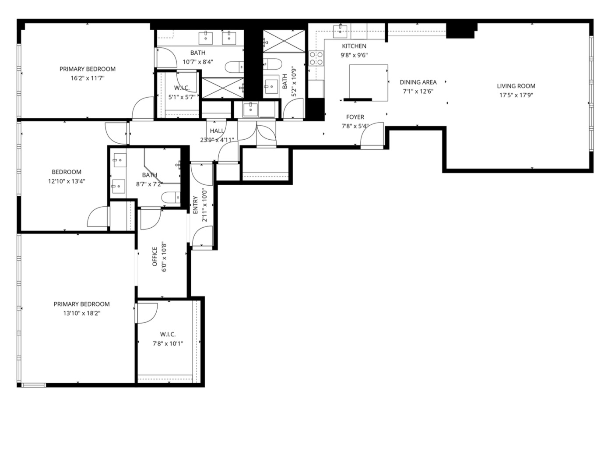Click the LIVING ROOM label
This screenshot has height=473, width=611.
pyautogui.click(x=516, y=86)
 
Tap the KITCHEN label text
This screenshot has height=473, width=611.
pyautogui.click(x=354, y=46)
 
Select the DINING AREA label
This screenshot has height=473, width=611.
pyautogui.click(x=418, y=82)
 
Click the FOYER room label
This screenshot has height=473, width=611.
pyautogui.click(x=355, y=117)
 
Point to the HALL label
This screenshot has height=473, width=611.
pyautogui.click(x=217, y=131)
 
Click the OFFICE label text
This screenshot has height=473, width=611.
pyautogui.click(x=155, y=257)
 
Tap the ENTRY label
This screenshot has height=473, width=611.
pyautogui.click(x=195, y=205)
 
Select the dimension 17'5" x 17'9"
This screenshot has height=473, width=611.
pyautogui.click(x=516, y=95)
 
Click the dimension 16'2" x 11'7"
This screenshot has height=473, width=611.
pyautogui.click(x=88, y=78)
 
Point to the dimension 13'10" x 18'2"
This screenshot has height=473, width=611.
pyautogui.click(x=82, y=313)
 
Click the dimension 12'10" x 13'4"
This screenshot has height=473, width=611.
pyautogui.click(x=67, y=181)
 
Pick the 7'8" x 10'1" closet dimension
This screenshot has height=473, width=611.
pyautogui.click(x=168, y=344)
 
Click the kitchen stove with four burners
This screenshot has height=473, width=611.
pyautogui.click(x=316, y=58)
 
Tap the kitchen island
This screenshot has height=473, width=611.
pyautogui.click(x=369, y=82)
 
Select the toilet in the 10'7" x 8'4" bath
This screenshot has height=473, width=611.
pyautogui.click(x=234, y=67)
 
